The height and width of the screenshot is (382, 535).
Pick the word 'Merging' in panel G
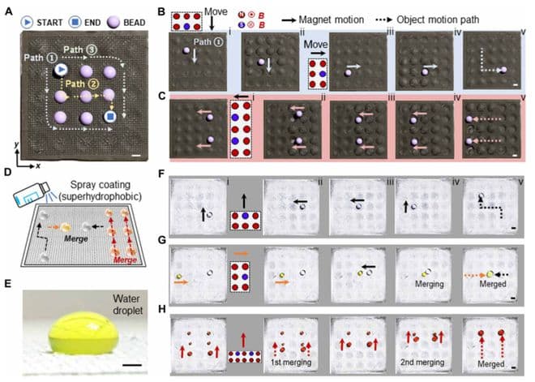point(417,282)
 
